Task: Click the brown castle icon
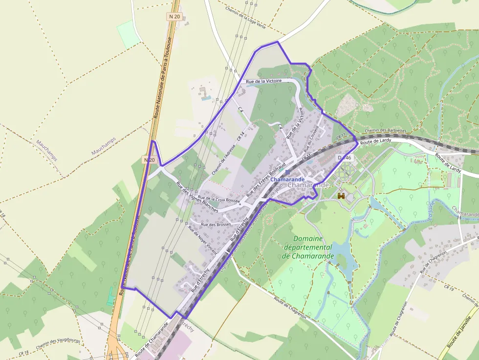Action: pos(341,196)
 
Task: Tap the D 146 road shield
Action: pos(345,158)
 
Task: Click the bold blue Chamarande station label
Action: pos(287,180)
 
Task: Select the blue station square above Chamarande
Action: pos(287,172)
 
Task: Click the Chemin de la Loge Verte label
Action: pos(245,18)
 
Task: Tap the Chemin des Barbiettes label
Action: pos(385,131)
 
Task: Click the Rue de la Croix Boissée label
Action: pos(219,199)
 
